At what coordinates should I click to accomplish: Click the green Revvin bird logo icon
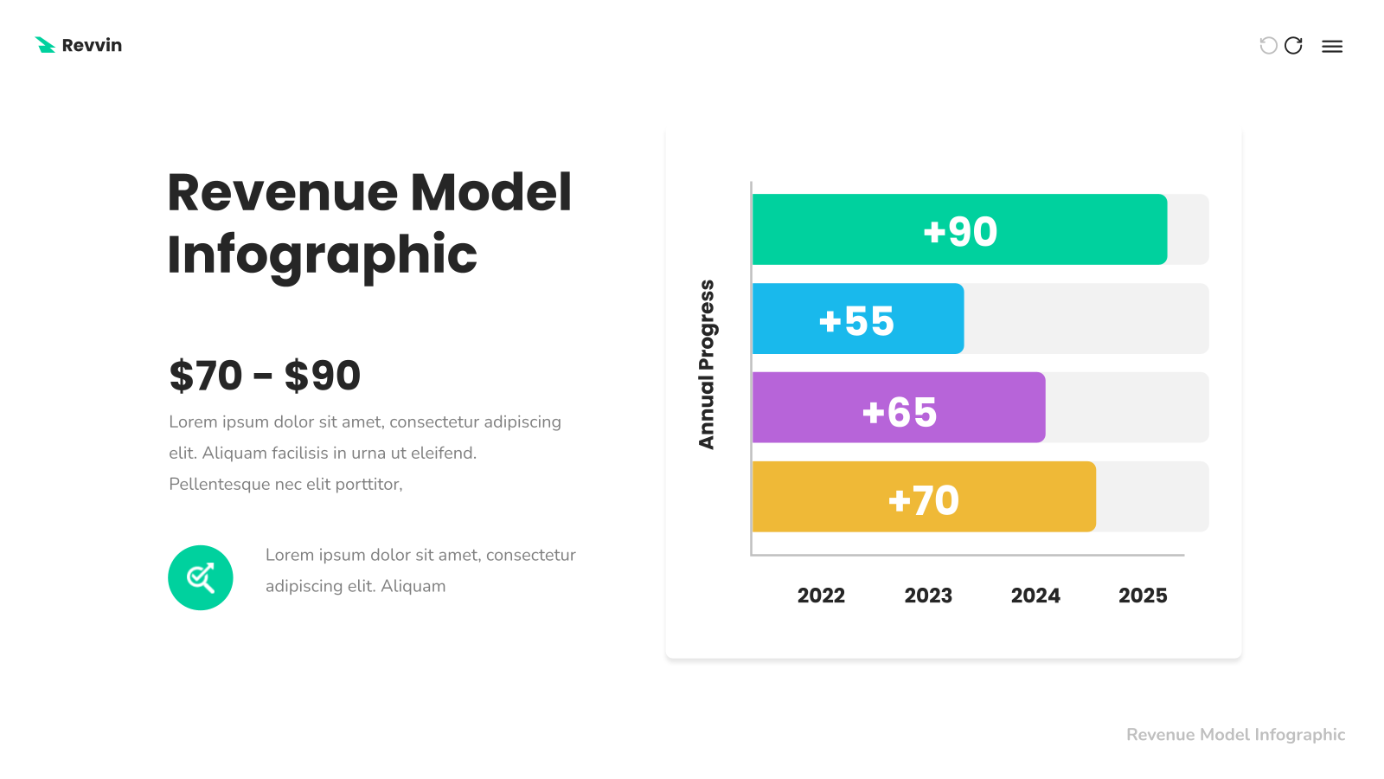45,45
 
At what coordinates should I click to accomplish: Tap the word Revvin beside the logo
92,45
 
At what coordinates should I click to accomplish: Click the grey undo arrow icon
1268,45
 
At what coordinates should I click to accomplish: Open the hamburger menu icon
1332,47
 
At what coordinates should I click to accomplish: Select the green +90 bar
959,229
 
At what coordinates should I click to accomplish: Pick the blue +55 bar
858,319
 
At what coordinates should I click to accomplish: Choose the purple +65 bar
899,408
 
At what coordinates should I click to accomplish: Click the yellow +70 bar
925,497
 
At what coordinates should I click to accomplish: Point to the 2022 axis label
821,596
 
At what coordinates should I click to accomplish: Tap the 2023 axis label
928,596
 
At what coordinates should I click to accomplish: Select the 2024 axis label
1035,596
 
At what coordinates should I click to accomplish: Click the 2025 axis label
1143,596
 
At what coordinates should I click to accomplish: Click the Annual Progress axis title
706,364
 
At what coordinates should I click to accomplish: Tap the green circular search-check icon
200,577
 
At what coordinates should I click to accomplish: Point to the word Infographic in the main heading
322,255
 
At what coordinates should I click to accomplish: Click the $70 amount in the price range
206,376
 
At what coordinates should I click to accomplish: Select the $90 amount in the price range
323,376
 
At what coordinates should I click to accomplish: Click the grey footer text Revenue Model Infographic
1236,735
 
